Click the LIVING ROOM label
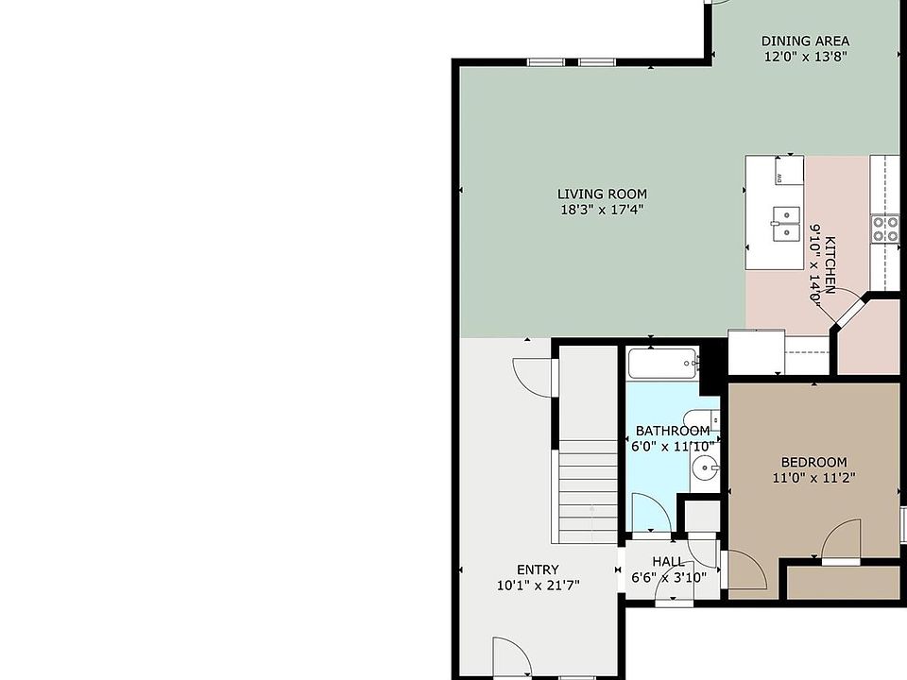(602, 195)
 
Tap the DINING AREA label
(805, 41)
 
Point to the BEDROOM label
(813, 462)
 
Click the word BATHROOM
(673, 431)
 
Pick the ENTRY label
(538, 569)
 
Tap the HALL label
(668, 561)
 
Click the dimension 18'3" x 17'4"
(602, 210)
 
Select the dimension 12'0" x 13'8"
(806, 57)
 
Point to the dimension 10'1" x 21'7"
(538, 586)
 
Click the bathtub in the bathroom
(663, 363)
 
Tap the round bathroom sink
(705, 466)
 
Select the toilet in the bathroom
(701, 420)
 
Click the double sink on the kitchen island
(785, 223)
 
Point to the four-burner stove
(885, 228)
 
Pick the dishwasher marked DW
(789, 170)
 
